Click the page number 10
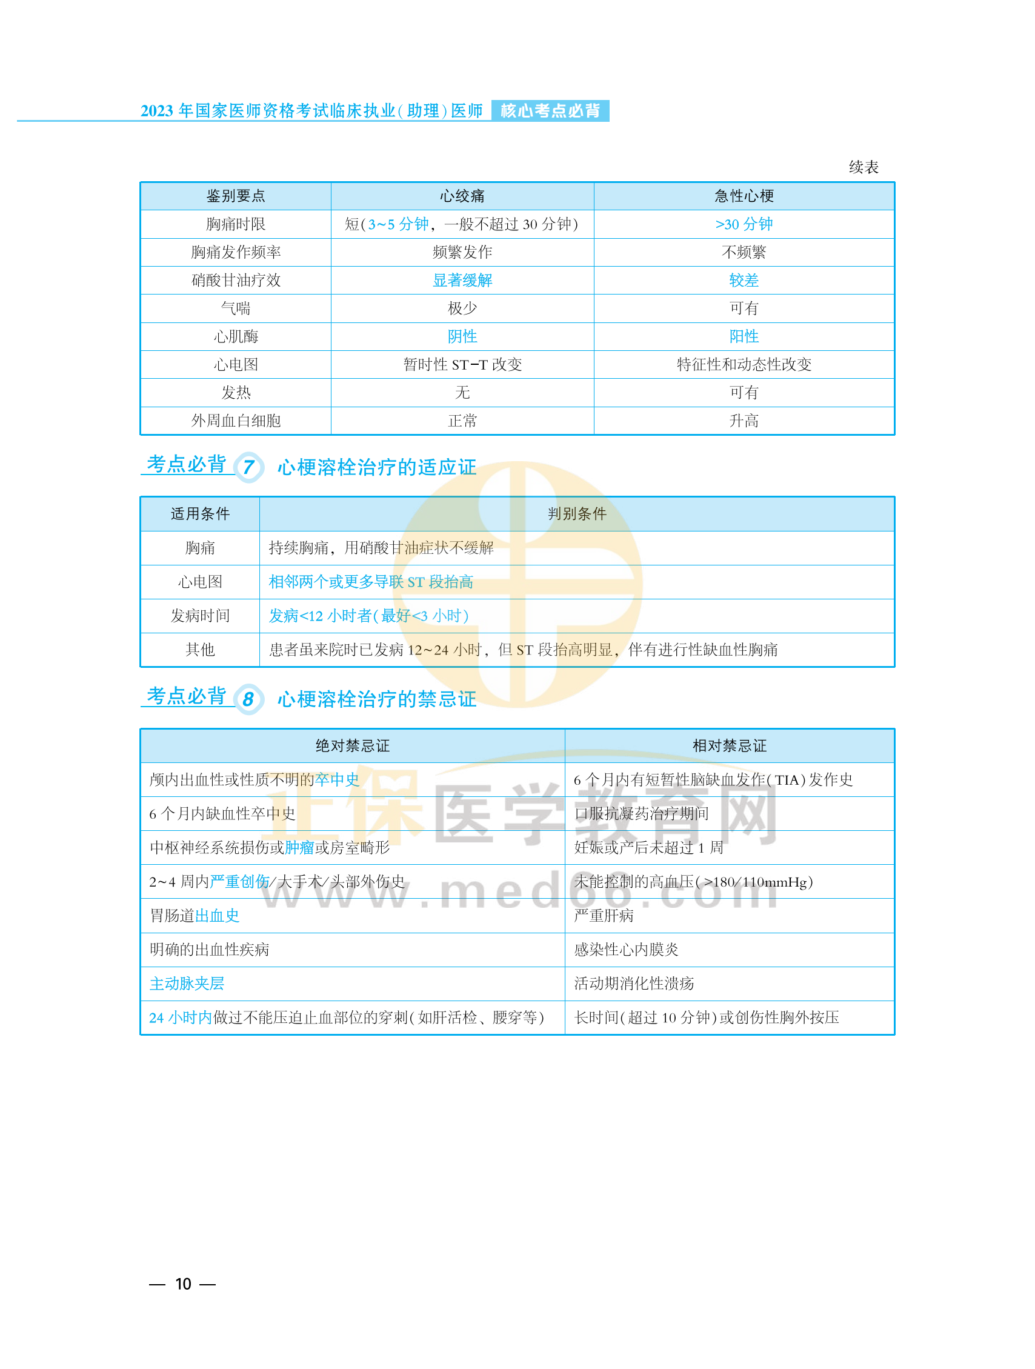click(x=183, y=1284)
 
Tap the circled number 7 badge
click(x=248, y=467)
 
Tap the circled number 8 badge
click(x=248, y=699)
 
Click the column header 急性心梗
click(x=744, y=196)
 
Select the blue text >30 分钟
click(x=744, y=224)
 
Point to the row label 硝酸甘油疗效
click(x=236, y=281)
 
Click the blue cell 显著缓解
click(x=462, y=281)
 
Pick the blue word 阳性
click(x=744, y=336)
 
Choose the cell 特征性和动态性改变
click(x=744, y=365)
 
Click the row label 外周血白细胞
click(x=236, y=421)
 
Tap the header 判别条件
click(x=576, y=514)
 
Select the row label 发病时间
click(x=200, y=616)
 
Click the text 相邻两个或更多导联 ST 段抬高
click(x=371, y=582)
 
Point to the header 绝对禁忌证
click(x=352, y=746)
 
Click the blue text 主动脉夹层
click(x=187, y=984)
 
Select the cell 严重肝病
click(x=604, y=915)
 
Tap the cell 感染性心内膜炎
click(x=626, y=950)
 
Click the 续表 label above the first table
click(x=863, y=167)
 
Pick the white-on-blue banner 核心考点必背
click(x=550, y=111)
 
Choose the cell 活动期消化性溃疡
click(x=634, y=984)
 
